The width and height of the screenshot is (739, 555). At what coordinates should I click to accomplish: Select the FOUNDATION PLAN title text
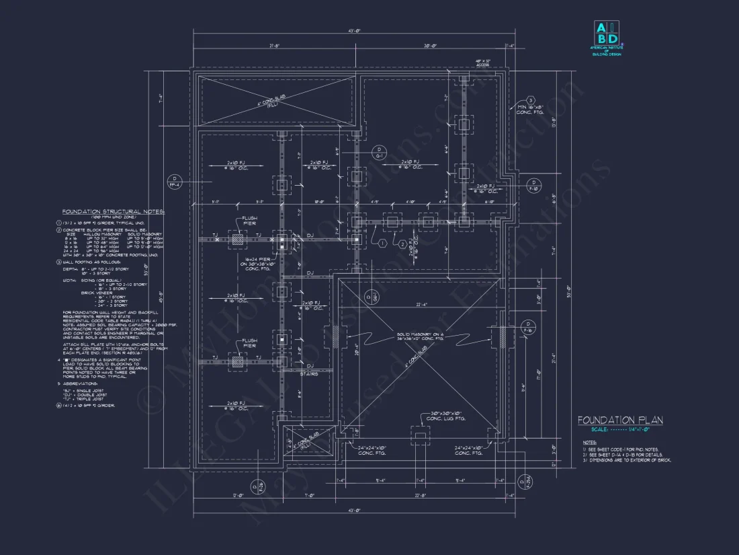click(620, 420)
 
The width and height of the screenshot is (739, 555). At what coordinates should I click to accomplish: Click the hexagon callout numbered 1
click(382, 243)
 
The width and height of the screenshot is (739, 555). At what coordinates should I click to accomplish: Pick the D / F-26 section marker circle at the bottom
click(523, 482)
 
